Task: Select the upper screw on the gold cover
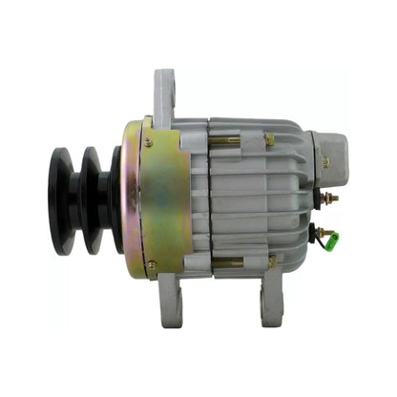click(x=148, y=142)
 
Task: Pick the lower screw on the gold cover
click(x=151, y=264)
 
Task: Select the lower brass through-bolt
click(x=229, y=261)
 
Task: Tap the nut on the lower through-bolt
click(x=271, y=261)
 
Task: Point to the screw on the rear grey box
click(x=324, y=161)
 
